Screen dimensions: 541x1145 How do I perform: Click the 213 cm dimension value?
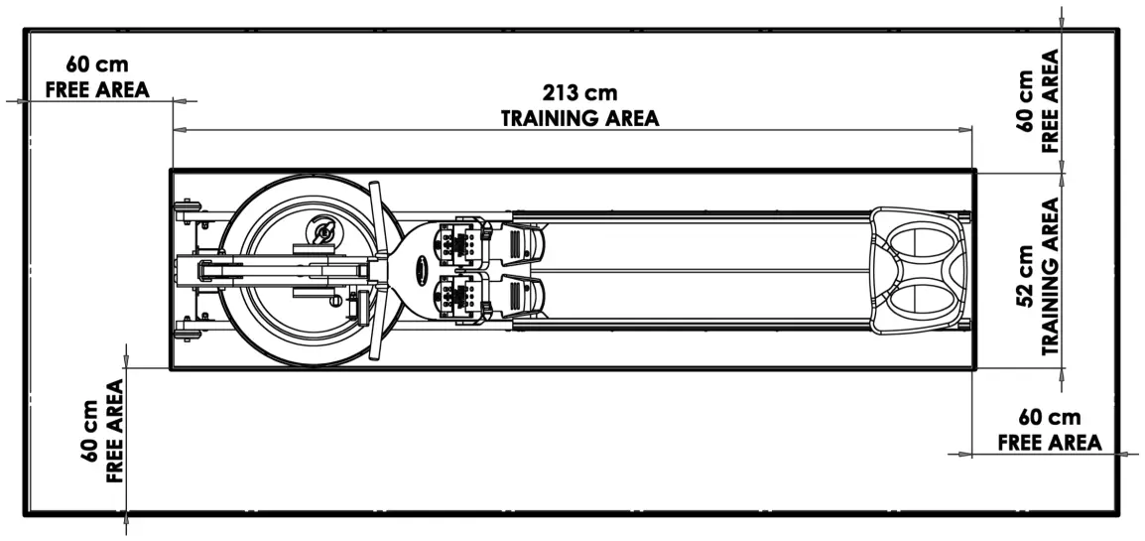(x=578, y=93)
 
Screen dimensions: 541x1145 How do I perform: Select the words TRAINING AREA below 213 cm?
(x=578, y=118)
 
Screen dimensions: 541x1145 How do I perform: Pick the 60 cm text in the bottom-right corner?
(x=1049, y=418)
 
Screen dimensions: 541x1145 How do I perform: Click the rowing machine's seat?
(x=919, y=268)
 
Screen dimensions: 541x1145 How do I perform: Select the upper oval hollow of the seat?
(x=921, y=242)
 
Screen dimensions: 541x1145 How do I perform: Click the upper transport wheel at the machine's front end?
(x=186, y=208)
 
